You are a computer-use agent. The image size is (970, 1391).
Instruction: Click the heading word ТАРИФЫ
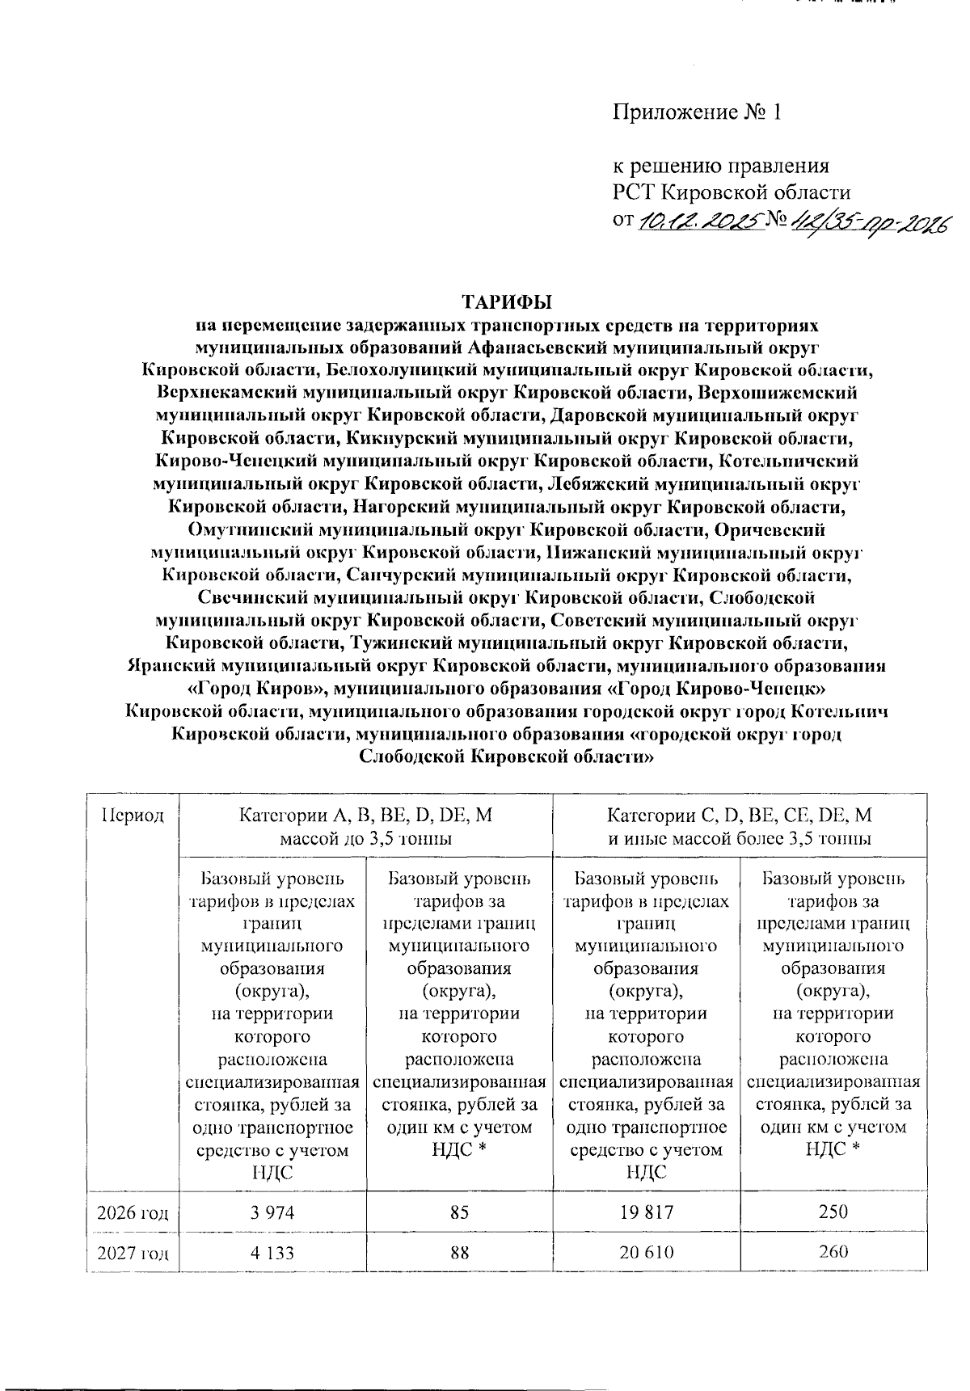[x=506, y=302]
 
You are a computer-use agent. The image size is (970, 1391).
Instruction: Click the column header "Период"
[x=133, y=815]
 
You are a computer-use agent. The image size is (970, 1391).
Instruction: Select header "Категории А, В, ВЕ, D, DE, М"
[x=365, y=815]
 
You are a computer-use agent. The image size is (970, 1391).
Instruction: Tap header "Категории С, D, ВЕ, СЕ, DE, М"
[x=740, y=815]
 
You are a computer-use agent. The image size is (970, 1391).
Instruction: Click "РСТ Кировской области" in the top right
[x=732, y=192]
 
